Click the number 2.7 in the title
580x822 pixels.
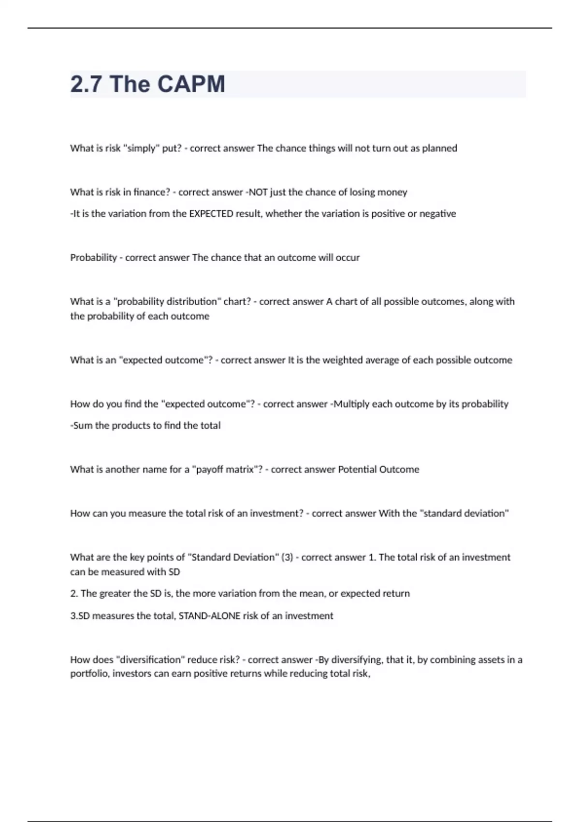point(86,84)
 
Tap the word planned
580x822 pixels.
point(439,148)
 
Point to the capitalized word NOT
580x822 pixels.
point(258,192)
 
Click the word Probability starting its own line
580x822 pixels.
point(93,258)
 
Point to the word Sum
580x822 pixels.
point(82,426)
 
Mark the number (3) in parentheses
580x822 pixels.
point(287,558)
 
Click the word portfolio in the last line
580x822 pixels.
point(90,674)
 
